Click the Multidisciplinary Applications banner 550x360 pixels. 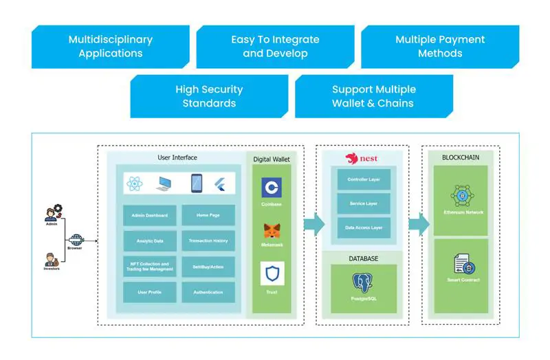110,47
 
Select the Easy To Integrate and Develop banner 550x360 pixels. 275,47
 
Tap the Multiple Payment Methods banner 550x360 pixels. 440,47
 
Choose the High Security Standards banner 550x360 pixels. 209,96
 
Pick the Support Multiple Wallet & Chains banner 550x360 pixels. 374,96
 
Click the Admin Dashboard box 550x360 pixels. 150,215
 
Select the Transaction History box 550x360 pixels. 208,240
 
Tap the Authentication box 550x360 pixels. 208,292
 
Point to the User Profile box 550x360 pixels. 150,292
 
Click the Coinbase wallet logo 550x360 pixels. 272,188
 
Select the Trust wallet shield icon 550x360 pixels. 272,273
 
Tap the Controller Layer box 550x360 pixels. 364,180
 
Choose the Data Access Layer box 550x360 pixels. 364,227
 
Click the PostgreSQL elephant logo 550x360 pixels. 362,283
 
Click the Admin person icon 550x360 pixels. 52,212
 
